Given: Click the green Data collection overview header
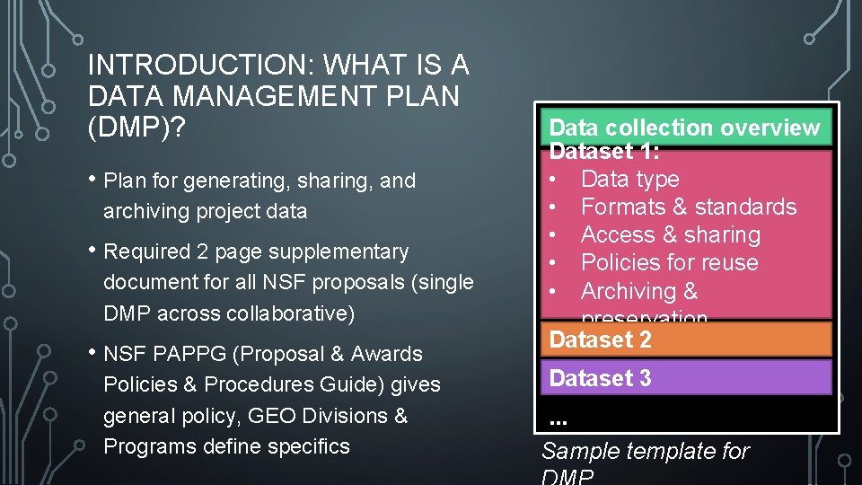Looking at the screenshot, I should pos(684,128).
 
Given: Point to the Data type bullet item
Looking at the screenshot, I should pos(629,179).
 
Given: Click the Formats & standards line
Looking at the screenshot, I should pos(688,207).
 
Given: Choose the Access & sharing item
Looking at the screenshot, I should pos(670,234).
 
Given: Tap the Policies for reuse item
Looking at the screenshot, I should pos(669,262).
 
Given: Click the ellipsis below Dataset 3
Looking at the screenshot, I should pos(558,419).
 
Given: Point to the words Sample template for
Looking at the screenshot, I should pos(645,451).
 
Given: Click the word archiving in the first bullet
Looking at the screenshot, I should pos(147,211).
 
